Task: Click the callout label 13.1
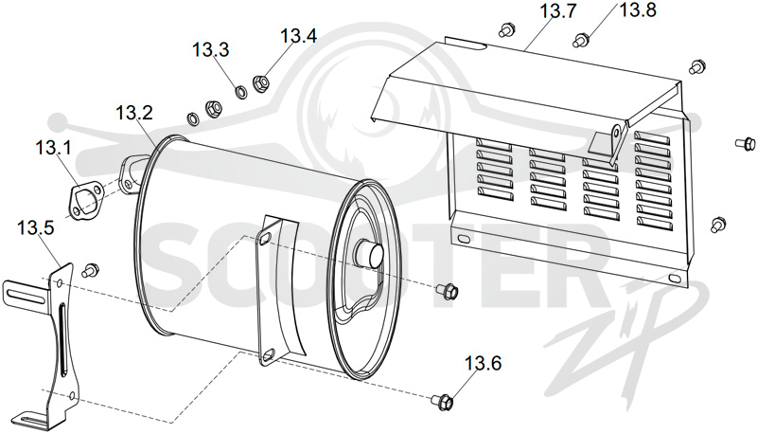point(53,147)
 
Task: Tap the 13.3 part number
point(210,50)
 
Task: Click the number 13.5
point(36,227)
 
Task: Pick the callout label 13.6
point(484,363)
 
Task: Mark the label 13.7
point(557,10)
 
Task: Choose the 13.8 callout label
point(638,9)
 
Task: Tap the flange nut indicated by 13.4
point(261,83)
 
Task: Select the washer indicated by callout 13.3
point(240,91)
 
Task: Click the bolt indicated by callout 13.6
point(443,400)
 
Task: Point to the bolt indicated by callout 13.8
point(580,40)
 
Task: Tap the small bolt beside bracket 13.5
point(90,270)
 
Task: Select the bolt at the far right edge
point(745,143)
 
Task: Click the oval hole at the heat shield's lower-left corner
point(463,239)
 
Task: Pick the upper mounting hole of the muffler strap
point(265,236)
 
